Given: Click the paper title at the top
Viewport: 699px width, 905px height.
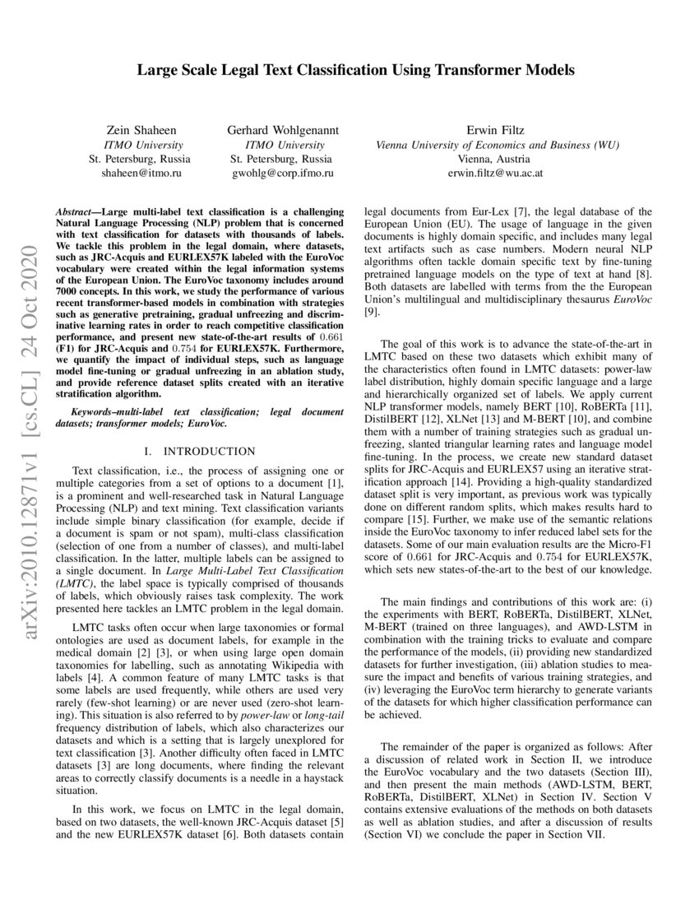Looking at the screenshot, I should coord(355,70).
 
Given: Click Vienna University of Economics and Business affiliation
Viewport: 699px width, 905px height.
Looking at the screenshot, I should coord(497,145).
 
